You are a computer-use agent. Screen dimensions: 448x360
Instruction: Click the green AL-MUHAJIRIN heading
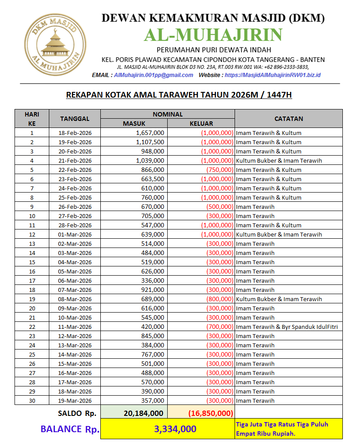pos(213,35)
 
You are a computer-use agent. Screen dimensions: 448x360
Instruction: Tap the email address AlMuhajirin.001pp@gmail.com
pos(153,75)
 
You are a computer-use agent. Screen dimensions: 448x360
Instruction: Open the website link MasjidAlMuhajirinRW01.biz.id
pos(272,75)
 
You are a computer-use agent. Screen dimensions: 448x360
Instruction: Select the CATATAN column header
pos(288,119)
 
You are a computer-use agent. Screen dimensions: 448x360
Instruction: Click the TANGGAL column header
pos(75,119)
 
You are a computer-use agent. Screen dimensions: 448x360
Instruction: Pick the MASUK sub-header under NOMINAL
pos(134,124)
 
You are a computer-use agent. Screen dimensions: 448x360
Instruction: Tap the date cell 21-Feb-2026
pos(75,160)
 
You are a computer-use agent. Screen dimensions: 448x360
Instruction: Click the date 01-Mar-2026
pos(75,234)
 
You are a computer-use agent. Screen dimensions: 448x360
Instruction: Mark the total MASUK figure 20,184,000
pos(144,413)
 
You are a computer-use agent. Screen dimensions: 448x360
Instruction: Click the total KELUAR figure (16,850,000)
pos(210,413)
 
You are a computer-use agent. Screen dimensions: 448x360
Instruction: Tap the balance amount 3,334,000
pos(175,429)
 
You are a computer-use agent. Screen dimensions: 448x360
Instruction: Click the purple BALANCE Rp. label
pos(70,429)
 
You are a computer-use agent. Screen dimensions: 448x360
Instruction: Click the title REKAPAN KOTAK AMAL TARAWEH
pos(179,95)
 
